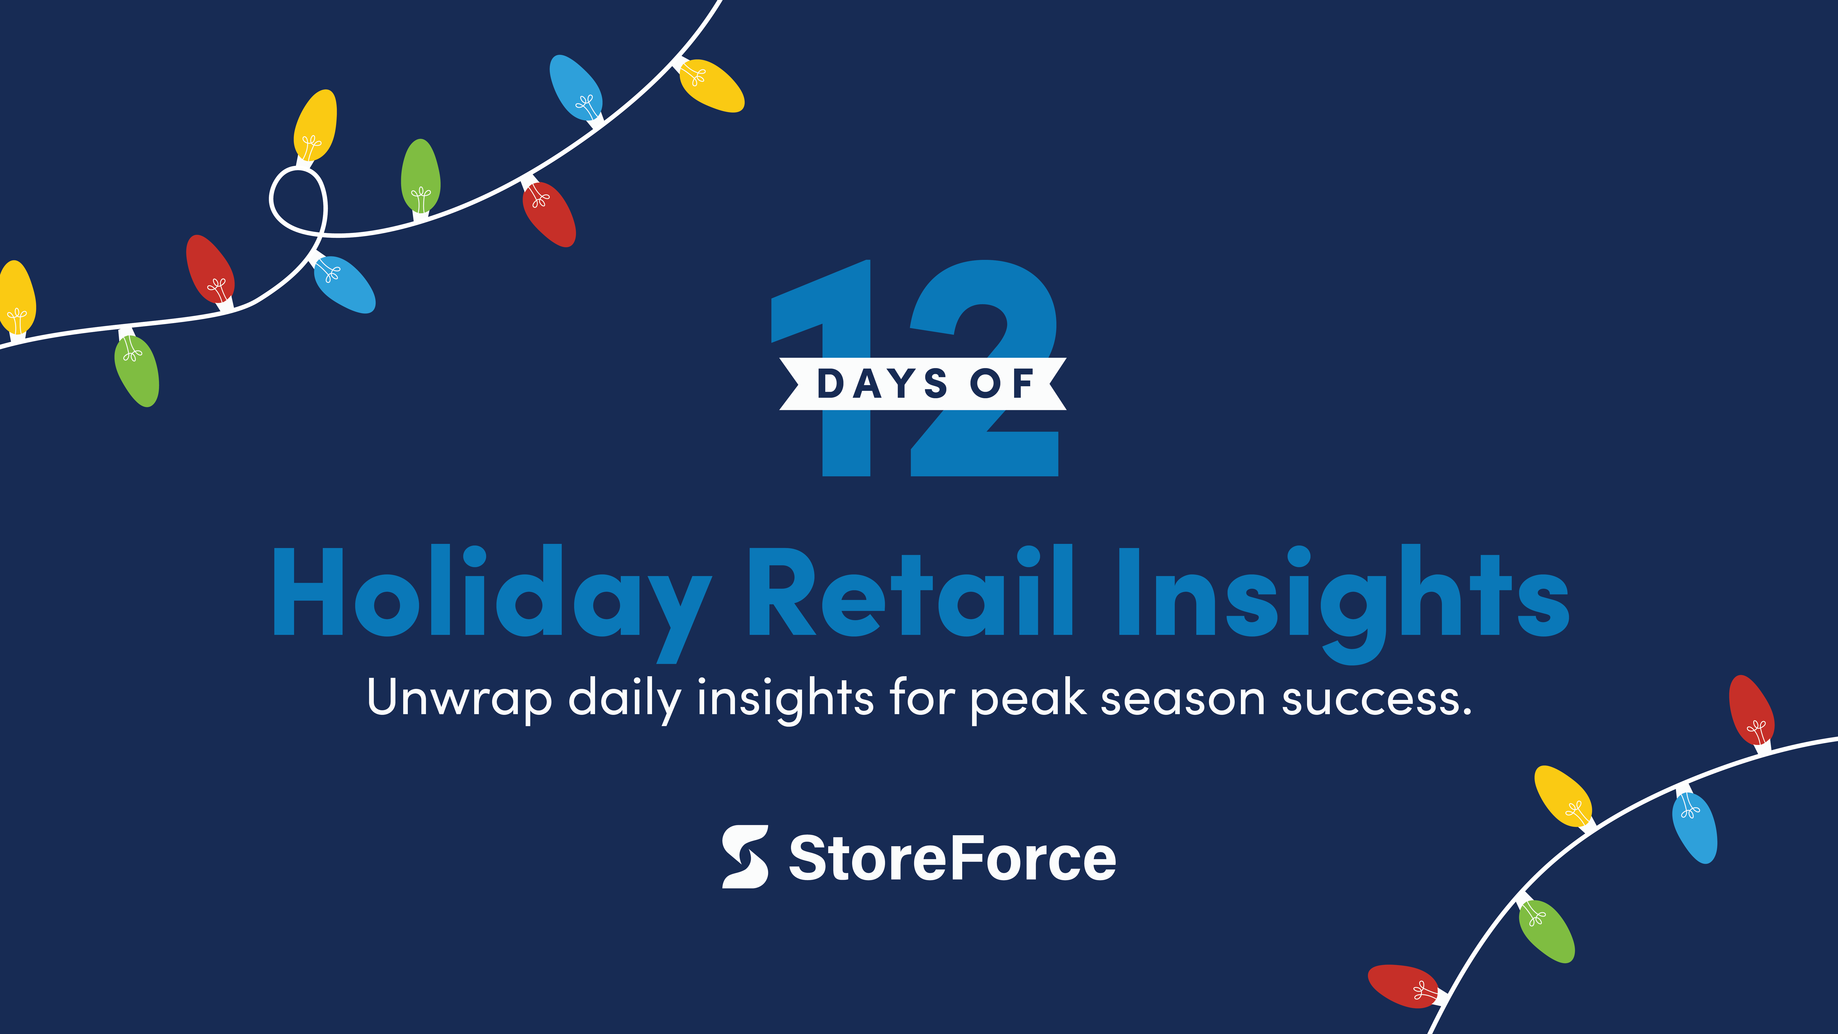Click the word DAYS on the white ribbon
tap(883, 384)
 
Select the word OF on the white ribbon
tap(1002, 384)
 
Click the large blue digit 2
tap(985, 367)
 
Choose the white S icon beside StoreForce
tap(745, 856)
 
